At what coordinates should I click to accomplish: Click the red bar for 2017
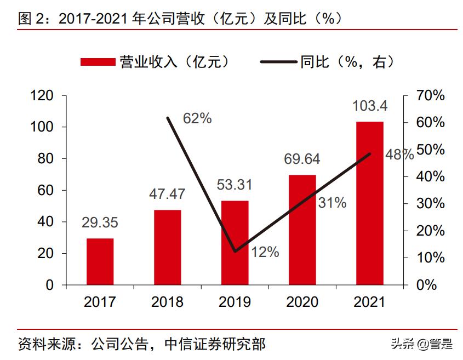pyautogui.click(x=100, y=261)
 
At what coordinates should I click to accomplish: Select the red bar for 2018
pyautogui.click(x=167, y=247)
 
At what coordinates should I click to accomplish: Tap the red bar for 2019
pyautogui.click(x=235, y=243)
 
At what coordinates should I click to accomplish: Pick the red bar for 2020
pyautogui.click(x=302, y=230)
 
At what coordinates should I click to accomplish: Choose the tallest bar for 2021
pyautogui.click(x=370, y=203)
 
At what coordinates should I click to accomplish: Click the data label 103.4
pyautogui.click(x=370, y=105)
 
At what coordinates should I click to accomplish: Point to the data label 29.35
pyautogui.click(x=100, y=222)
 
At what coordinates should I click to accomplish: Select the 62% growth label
pyautogui.click(x=197, y=118)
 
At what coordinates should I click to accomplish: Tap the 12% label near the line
pyautogui.click(x=265, y=252)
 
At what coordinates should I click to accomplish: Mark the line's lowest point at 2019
pyautogui.click(x=235, y=251)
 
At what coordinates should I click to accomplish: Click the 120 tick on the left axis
pyautogui.click(x=42, y=96)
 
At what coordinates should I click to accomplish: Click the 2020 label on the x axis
pyautogui.click(x=302, y=302)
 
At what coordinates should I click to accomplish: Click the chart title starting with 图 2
pyautogui.click(x=181, y=18)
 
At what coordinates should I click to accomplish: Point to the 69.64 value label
pyautogui.click(x=302, y=159)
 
